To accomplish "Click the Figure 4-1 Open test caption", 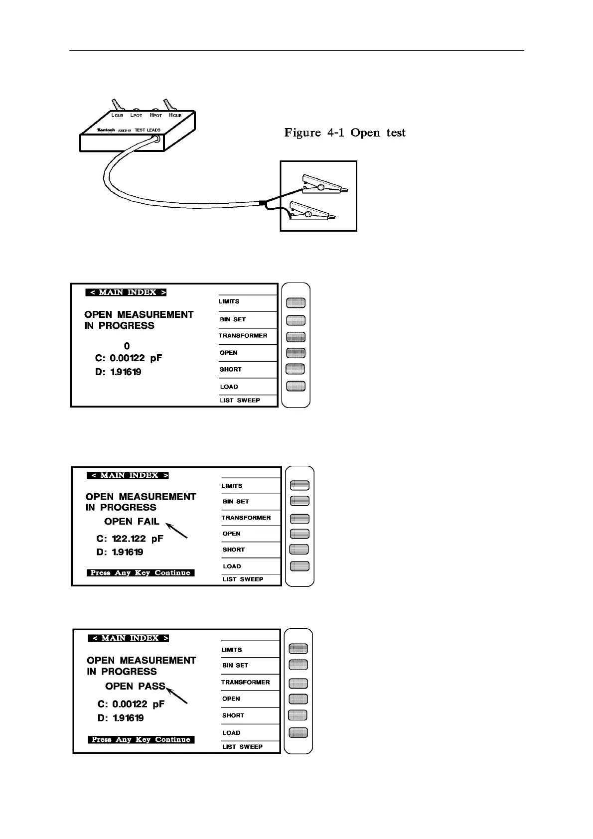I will coord(345,133).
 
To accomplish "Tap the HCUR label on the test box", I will coord(175,116).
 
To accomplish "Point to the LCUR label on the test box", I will coord(117,116).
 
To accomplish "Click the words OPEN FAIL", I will coord(132,522).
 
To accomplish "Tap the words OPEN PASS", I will coord(135,687).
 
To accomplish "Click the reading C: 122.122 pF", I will coord(130,539).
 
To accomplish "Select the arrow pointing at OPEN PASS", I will coord(177,696).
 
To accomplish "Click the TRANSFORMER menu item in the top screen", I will coord(243,336).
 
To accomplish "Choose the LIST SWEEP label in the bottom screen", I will coord(242,747).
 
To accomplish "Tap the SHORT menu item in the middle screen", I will coord(233,550).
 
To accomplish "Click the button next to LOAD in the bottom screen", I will coord(298,733).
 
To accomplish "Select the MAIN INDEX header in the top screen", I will coord(126,292).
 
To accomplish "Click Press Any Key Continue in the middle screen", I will coord(141,573).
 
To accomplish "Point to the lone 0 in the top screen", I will coord(127,346).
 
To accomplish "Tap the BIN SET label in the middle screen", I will coord(235,502).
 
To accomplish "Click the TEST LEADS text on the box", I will coord(148,130).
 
